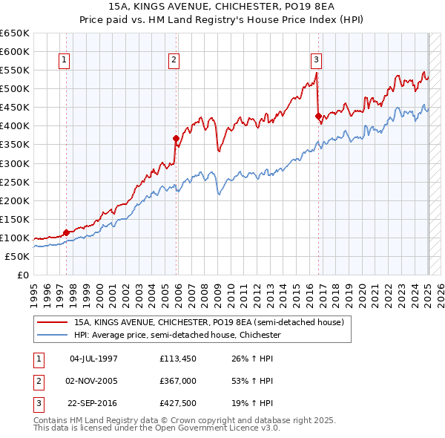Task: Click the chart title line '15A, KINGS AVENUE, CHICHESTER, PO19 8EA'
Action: click(x=222, y=7)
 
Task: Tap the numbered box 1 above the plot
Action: click(x=65, y=61)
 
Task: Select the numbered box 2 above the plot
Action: click(x=174, y=61)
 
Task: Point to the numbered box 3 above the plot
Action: click(x=316, y=61)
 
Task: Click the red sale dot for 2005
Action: click(x=176, y=138)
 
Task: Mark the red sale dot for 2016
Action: click(x=318, y=116)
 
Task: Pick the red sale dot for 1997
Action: click(x=66, y=232)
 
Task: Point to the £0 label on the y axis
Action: click(x=22, y=275)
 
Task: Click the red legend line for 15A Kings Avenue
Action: click(x=53, y=323)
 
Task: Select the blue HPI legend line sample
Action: click(x=53, y=336)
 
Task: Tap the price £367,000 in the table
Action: click(x=177, y=381)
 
